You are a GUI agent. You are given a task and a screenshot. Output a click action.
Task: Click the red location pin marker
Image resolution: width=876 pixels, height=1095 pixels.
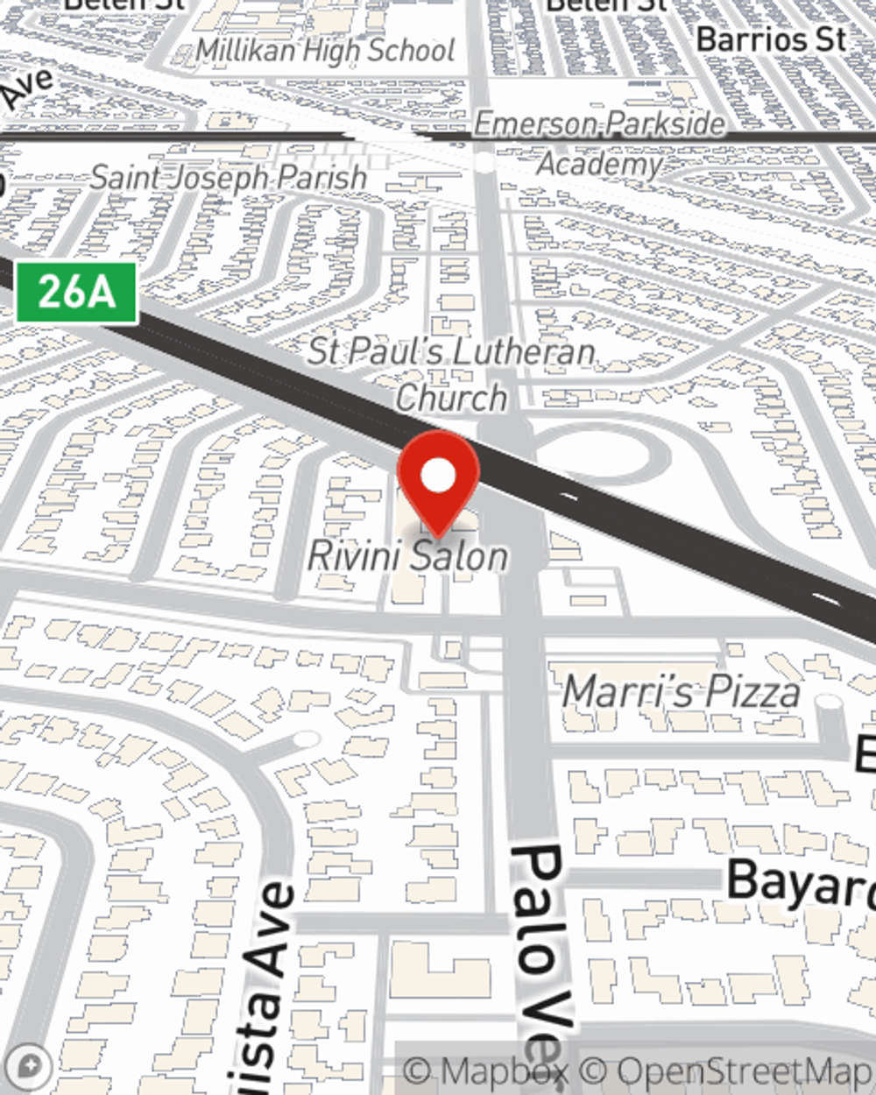pyautogui.click(x=438, y=482)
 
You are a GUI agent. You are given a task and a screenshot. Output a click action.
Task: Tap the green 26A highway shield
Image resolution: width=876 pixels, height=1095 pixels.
pyautogui.click(x=77, y=293)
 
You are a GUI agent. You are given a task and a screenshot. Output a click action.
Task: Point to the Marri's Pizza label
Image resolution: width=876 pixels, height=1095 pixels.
pyautogui.click(x=681, y=692)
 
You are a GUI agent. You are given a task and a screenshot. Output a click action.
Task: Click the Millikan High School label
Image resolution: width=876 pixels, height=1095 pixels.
pyautogui.click(x=325, y=51)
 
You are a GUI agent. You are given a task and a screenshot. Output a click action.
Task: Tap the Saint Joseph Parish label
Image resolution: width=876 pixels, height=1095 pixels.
pyautogui.click(x=229, y=178)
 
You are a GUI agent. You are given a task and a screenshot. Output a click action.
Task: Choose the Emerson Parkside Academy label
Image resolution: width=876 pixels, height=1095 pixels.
pyautogui.click(x=600, y=143)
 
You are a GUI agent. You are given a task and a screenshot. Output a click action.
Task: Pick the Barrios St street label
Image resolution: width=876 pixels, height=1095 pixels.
pyautogui.click(x=772, y=39)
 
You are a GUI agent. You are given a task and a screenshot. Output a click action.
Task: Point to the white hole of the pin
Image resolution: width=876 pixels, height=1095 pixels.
pyautogui.click(x=438, y=477)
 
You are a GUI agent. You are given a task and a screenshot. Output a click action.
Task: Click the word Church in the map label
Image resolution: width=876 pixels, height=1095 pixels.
pyautogui.click(x=451, y=398)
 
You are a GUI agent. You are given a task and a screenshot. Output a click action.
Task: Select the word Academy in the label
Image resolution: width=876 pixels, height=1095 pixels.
pyautogui.click(x=600, y=164)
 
